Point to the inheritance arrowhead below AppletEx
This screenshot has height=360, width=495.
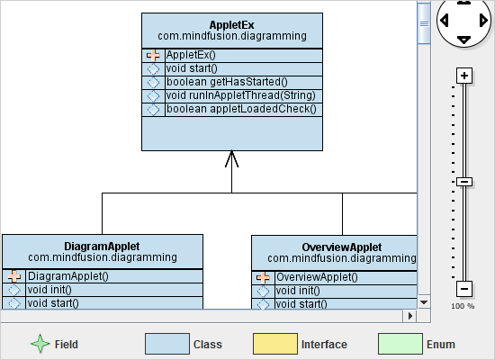[231, 159]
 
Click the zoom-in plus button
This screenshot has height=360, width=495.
[464, 76]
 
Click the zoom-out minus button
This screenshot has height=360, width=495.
[464, 289]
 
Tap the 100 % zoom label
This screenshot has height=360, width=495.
[463, 306]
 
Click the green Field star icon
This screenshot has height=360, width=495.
[40, 344]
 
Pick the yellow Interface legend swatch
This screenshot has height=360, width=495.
[274, 344]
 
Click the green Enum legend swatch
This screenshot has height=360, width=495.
[400, 344]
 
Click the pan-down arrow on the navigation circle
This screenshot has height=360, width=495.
[463, 40]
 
